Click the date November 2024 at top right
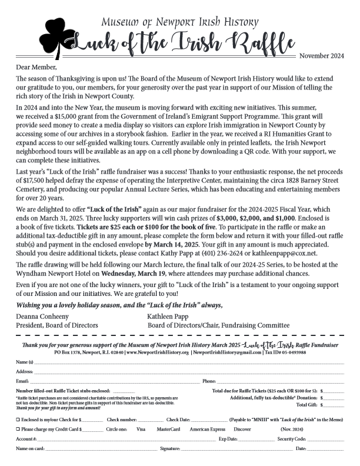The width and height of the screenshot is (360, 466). (321, 56)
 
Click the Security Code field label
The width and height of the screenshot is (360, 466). (292, 439)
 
